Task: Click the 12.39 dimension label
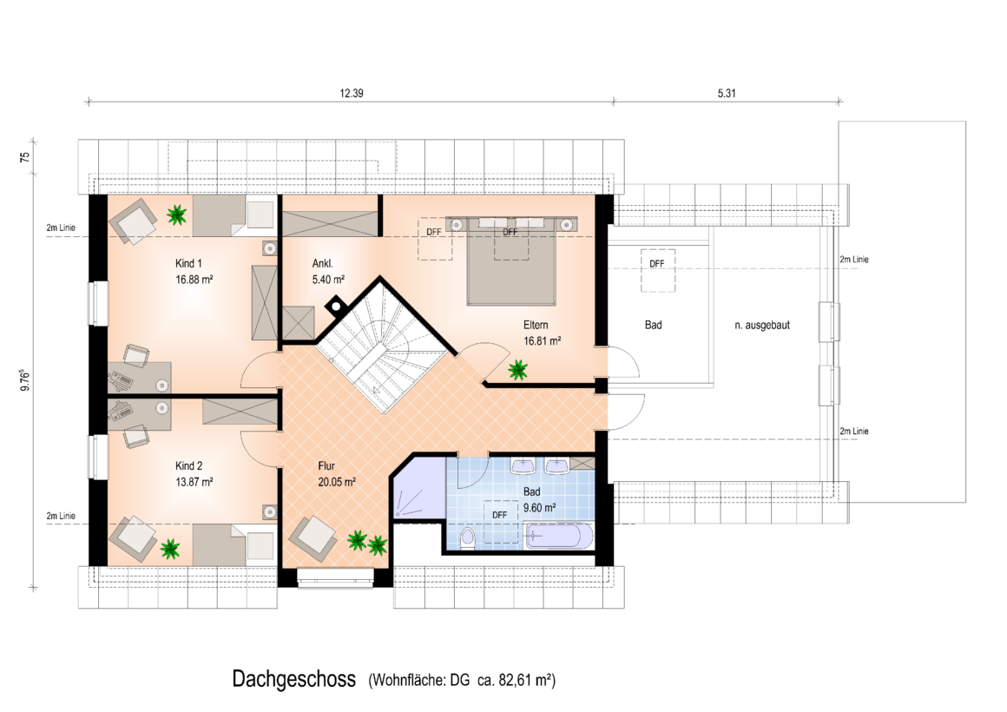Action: [x=352, y=93]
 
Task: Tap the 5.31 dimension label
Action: [x=727, y=93]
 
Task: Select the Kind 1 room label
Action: [x=188, y=263]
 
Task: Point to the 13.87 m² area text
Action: [x=194, y=482]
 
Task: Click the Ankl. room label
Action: [x=322, y=263]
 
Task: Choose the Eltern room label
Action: [x=536, y=325]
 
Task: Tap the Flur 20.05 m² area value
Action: [x=337, y=482]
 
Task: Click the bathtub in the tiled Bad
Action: [x=559, y=536]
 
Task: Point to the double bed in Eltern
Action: [x=511, y=260]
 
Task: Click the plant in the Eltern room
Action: [x=517, y=370]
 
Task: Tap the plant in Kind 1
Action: [x=176, y=214]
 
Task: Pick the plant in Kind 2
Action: [x=169, y=548]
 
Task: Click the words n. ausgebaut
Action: [x=761, y=325]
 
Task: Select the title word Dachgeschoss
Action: [x=293, y=679]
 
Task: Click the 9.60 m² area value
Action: [x=539, y=508]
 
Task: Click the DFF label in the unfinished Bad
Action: [x=657, y=263]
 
